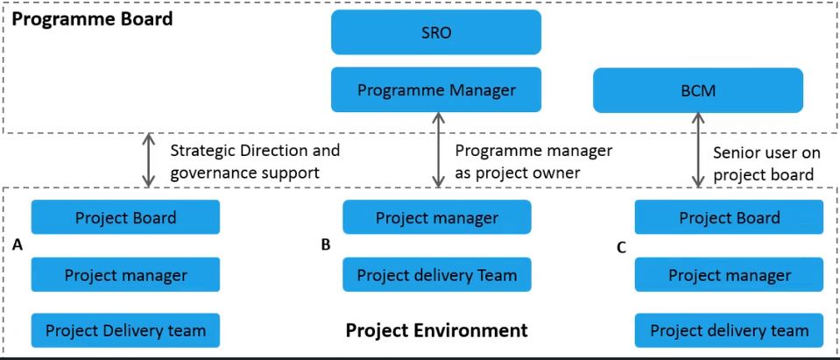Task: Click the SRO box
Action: click(435, 32)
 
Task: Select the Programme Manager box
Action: click(435, 89)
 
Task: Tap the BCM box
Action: click(698, 90)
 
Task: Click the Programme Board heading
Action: click(92, 18)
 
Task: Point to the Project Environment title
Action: click(436, 330)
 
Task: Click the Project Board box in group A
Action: click(125, 217)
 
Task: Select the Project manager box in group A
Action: click(125, 275)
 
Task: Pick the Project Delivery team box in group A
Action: click(125, 330)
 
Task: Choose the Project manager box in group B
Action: click(436, 217)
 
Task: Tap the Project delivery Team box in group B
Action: click(436, 275)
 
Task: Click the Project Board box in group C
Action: click(729, 217)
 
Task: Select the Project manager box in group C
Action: click(729, 275)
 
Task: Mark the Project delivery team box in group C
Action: click(729, 331)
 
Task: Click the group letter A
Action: click(18, 246)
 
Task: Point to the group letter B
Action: click(325, 244)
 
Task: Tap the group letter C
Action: click(621, 248)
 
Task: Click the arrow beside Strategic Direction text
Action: click(149, 159)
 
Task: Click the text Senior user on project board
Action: click(766, 164)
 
